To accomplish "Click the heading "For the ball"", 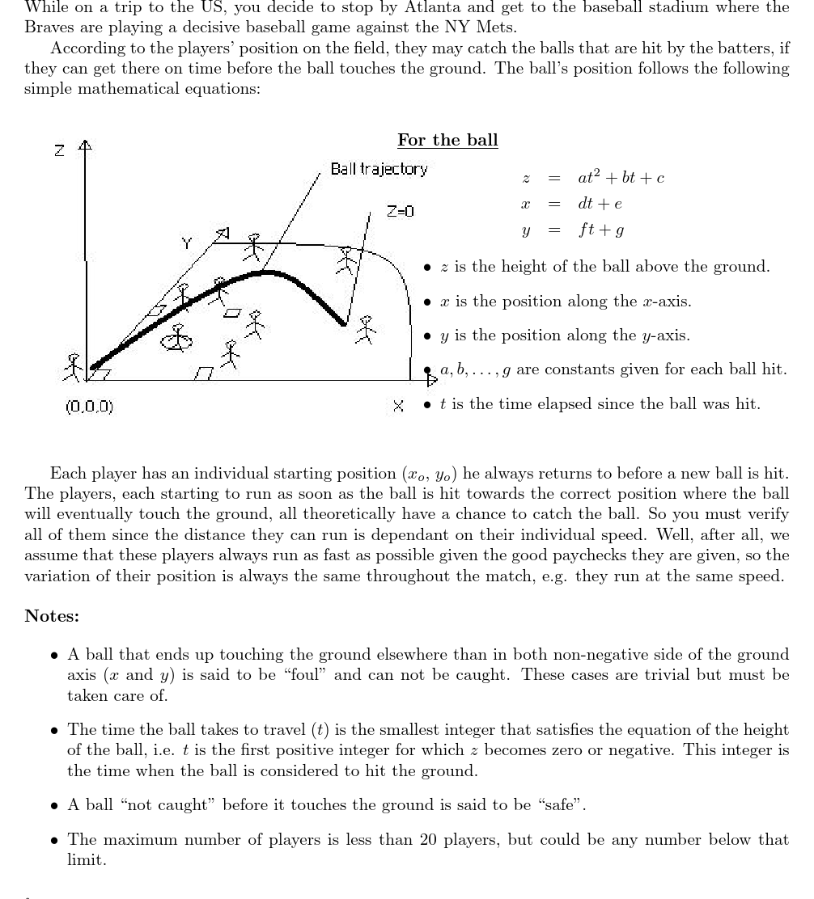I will (447, 140).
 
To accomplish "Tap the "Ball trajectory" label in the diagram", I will (379, 169).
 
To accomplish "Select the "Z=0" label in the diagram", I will (400, 211).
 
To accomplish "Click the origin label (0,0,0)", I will (89, 406).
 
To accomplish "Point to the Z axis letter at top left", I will (59, 150).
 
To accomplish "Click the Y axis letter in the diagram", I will (186, 242).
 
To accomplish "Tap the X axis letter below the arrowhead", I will (398, 406).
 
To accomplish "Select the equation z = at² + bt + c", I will (593, 178).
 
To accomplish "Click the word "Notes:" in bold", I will (52, 616).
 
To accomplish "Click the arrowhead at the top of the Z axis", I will (85, 146).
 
